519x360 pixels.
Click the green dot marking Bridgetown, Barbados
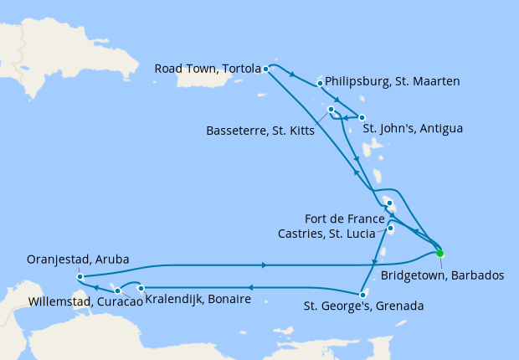tap(439, 253)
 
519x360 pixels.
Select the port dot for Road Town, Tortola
tap(265, 69)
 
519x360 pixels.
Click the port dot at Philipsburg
tap(321, 83)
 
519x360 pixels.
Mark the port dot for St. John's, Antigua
tap(362, 118)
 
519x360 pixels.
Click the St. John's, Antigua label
tap(412, 129)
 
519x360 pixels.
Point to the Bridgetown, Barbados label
tap(441, 275)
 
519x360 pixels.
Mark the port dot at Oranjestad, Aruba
tap(79, 276)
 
